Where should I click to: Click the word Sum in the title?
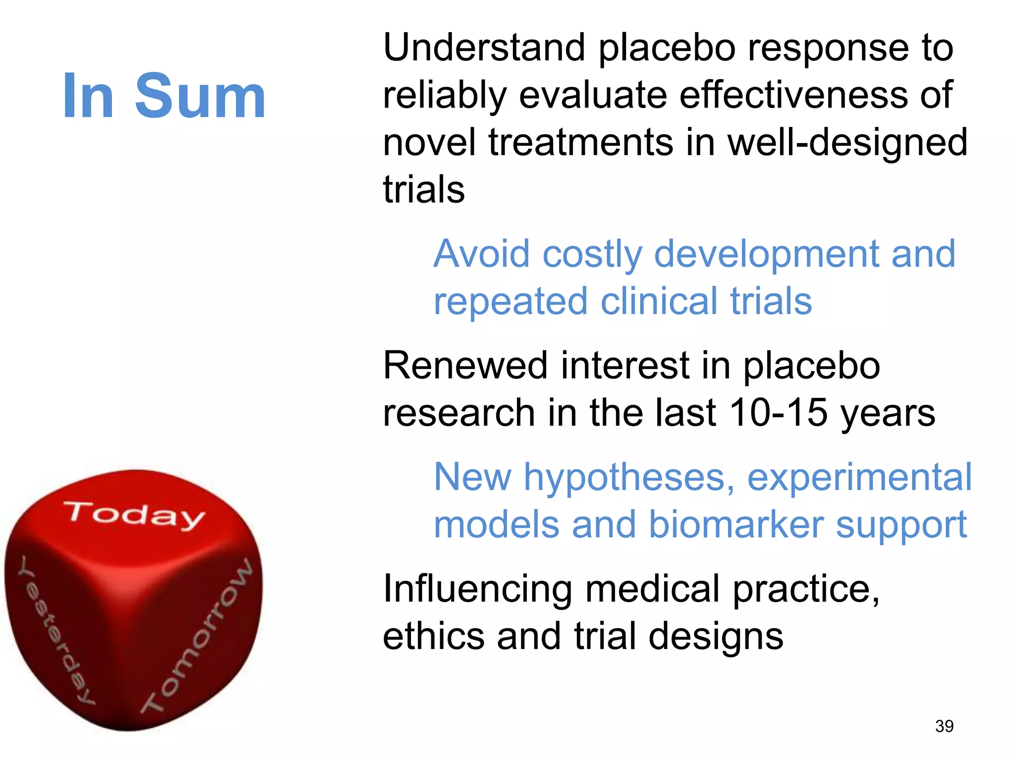coord(200,96)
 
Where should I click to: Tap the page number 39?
coord(944,726)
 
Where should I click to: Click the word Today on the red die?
coord(134,515)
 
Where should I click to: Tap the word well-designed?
coord(847,143)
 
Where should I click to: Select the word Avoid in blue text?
coord(481,254)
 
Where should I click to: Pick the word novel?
coord(429,143)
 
